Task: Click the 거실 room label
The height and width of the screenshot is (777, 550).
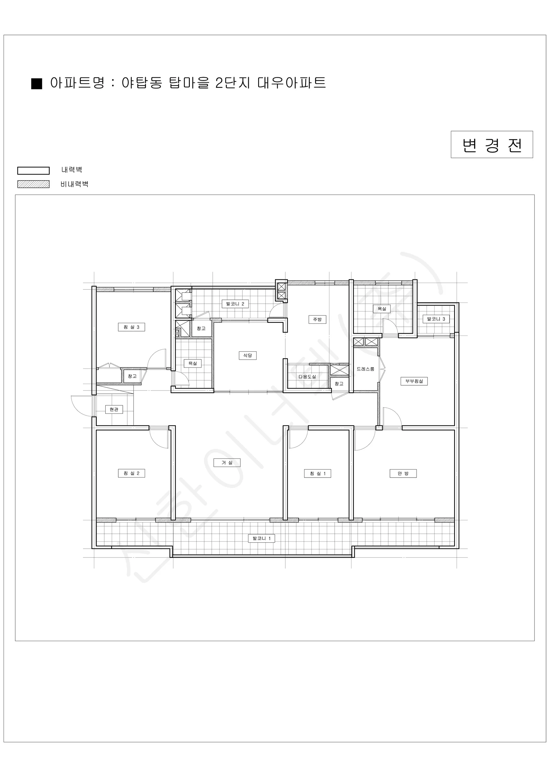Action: click(227, 463)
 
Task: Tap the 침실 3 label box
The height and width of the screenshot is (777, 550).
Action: click(132, 327)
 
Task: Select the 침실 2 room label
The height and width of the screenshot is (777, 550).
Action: click(132, 473)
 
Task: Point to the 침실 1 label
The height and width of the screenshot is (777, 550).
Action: click(317, 473)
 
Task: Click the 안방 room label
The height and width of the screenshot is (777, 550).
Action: click(403, 473)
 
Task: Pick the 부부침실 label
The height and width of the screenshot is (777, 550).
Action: click(414, 381)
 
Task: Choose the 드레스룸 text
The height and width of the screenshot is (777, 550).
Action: click(365, 369)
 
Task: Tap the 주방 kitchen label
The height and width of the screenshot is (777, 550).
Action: click(317, 319)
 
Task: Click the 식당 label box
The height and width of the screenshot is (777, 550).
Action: click(247, 355)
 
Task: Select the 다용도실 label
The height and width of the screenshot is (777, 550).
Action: click(307, 377)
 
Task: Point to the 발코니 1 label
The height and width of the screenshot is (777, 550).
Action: click(261, 538)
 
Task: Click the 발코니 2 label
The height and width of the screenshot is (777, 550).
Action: click(235, 304)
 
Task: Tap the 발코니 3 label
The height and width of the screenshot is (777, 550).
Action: click(436, 319)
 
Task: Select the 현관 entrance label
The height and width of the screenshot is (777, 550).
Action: click(114, 410)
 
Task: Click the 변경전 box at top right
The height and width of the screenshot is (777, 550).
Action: click(492, 144)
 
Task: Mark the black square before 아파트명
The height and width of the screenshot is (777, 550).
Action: click(37, 84)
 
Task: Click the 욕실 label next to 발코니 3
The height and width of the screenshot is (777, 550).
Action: click(382, 309)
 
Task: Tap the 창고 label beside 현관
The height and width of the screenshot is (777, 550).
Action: click(132, 376)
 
